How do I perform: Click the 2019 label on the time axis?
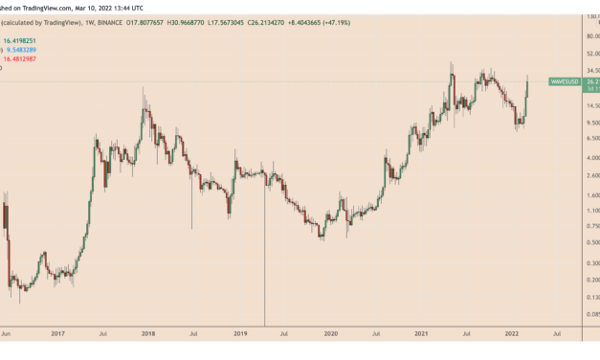point(239,333)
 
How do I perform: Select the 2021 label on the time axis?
point(422,333)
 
